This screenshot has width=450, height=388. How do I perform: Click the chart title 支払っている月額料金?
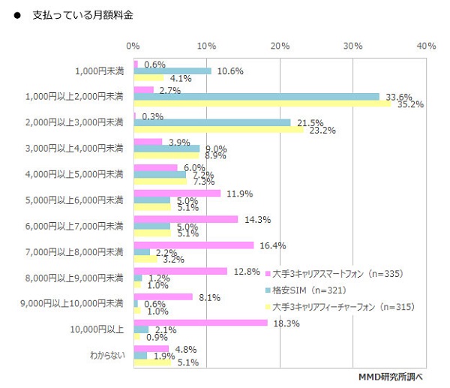[83, 15]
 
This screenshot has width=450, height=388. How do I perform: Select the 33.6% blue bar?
[255, 96]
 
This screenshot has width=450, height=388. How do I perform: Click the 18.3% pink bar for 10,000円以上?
[200, 323]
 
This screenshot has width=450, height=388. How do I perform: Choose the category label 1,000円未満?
[99, 71]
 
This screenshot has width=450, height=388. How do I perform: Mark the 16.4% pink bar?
[193, 245]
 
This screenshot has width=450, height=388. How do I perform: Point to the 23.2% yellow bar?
[218, 130]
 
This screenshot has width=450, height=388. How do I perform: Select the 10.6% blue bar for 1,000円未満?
[172, 71]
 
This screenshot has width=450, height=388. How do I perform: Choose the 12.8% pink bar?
[180, 271]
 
